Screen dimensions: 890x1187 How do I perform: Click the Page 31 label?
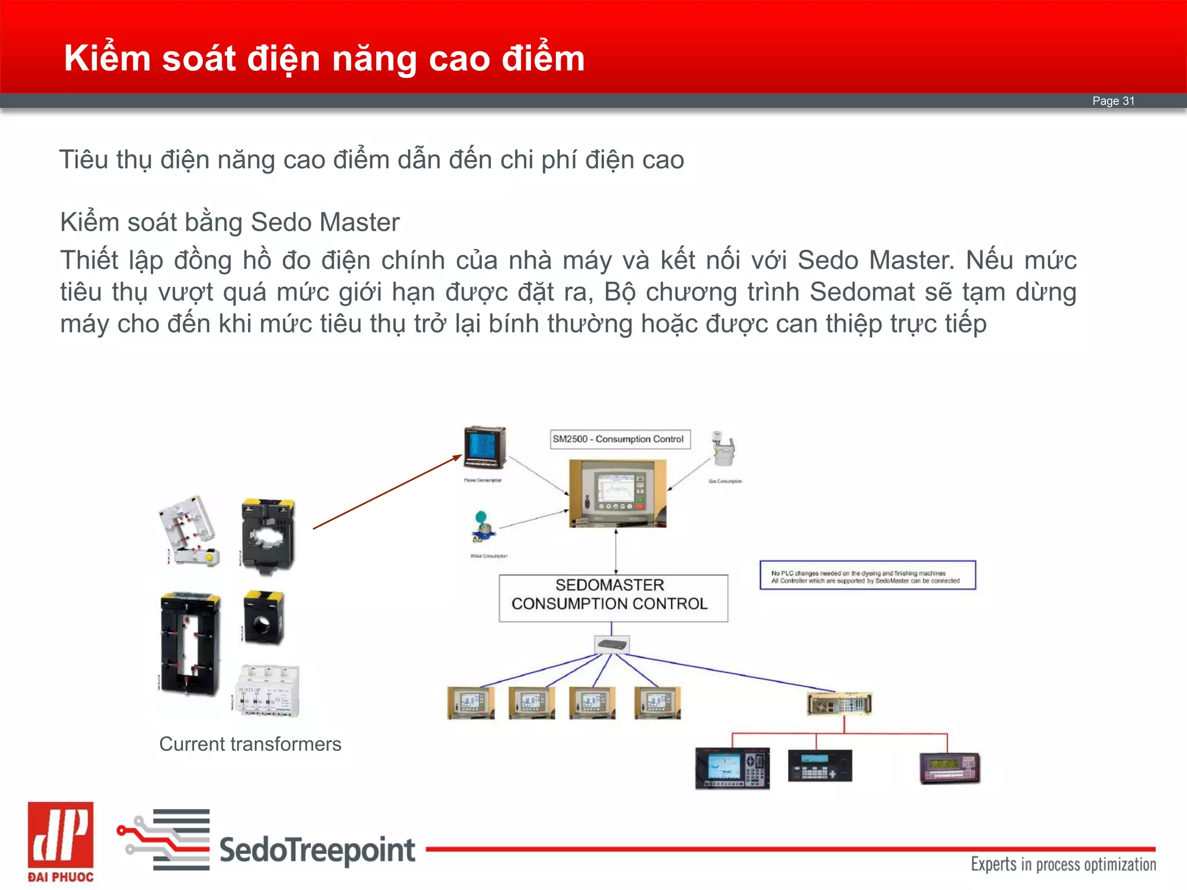1113,101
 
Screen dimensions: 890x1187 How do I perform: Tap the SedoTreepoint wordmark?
317,850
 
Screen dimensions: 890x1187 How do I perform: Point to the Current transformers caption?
250,744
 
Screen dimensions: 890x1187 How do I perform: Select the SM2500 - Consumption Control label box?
620,439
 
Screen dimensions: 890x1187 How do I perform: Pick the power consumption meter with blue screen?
485,448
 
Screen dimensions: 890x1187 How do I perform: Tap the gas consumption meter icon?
723,448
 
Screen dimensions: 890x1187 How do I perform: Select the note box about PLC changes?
867,575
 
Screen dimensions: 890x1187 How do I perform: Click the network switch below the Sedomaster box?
612,644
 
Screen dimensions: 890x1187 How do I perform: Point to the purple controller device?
949,768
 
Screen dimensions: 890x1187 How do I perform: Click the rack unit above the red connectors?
839,704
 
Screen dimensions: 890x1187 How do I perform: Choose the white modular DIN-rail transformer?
268,691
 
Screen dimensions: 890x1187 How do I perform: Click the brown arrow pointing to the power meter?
387,492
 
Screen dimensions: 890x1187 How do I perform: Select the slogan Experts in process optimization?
1063,865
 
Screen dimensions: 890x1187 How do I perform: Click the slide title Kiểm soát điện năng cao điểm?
324,59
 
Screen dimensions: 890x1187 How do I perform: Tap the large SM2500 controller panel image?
617,493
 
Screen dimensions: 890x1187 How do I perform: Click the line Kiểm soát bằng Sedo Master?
230,222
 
